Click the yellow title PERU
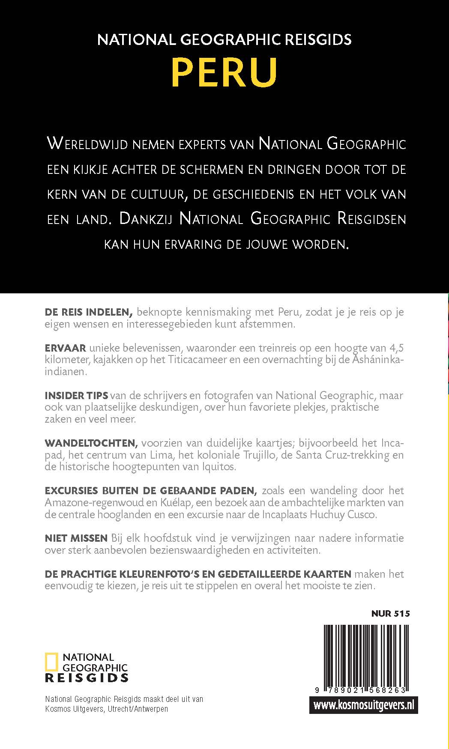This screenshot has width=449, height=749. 224,73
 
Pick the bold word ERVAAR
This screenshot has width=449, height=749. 65,348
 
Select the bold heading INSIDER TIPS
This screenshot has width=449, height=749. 76,395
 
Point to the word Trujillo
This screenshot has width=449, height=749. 256,454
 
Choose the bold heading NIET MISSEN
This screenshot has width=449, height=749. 76,538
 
